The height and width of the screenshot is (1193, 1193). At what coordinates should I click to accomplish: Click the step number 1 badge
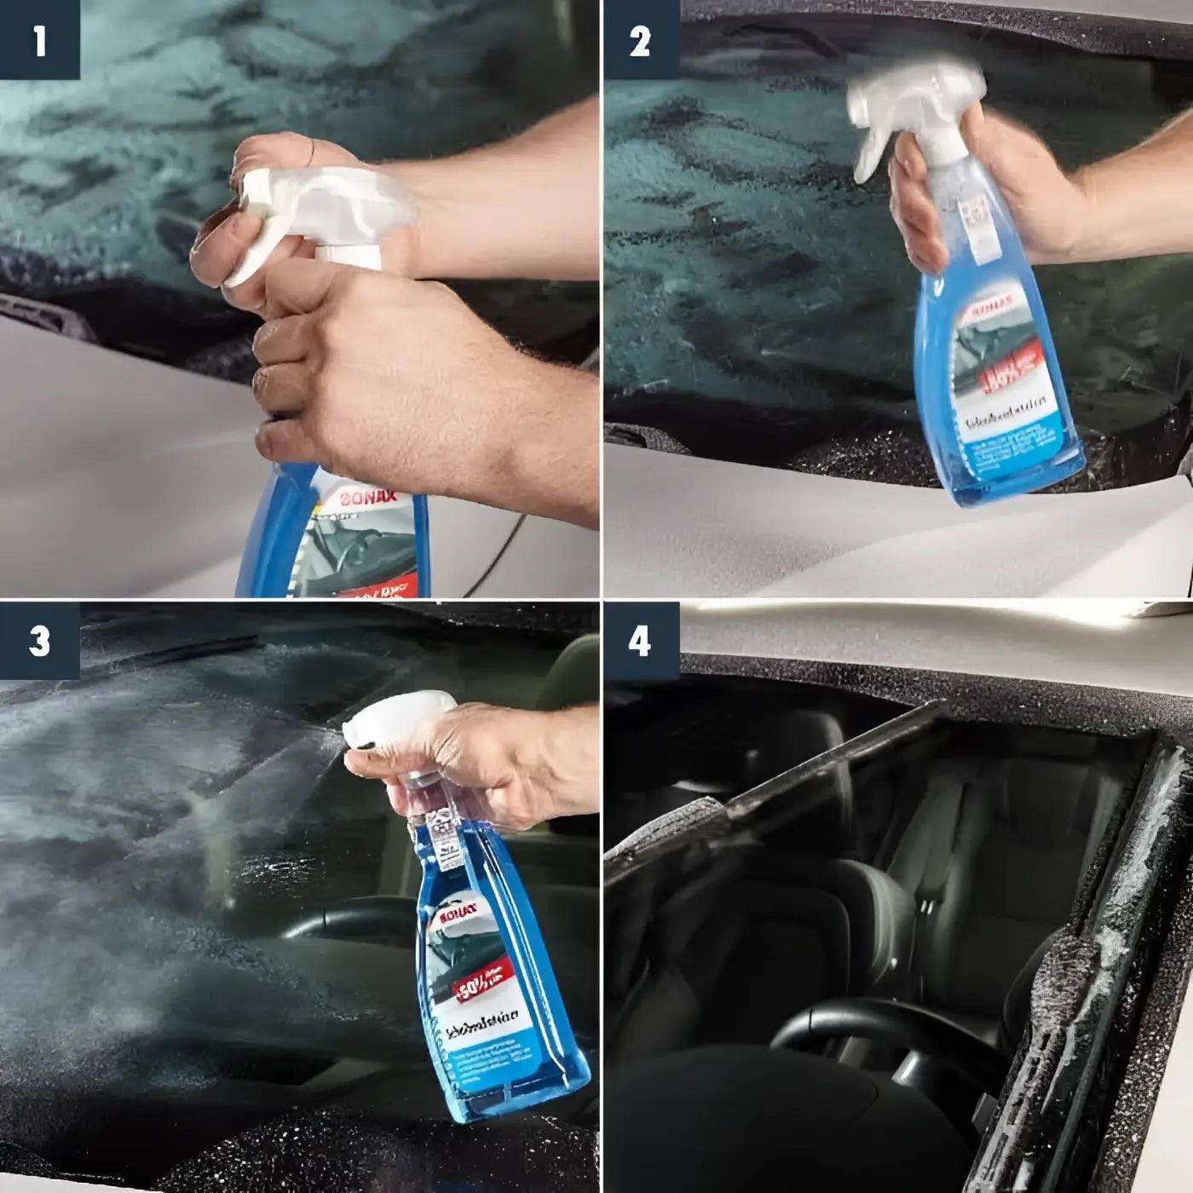click(x=39, y=40)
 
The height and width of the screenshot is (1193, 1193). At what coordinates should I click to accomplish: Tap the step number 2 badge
click(x=641, y=40)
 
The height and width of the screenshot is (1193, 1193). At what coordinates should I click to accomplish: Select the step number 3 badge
click(x=39, y=642)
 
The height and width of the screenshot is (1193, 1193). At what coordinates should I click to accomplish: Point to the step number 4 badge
click(x=641, y=642)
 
